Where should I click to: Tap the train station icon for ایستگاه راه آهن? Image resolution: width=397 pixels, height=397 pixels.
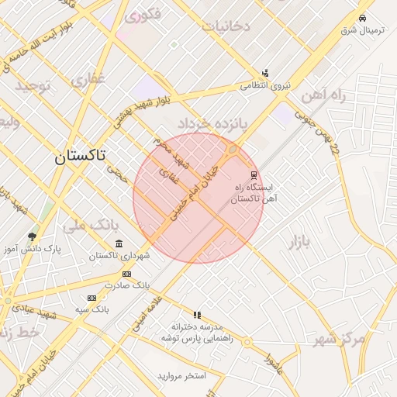click(254, 174)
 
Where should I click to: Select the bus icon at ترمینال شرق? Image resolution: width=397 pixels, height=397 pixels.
click(362, 18)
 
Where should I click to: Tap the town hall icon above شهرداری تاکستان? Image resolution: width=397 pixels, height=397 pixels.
click(118, 243)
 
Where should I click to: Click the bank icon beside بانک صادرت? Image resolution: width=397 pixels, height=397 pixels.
click(126, 274)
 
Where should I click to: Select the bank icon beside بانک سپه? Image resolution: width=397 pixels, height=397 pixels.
click(91, 298)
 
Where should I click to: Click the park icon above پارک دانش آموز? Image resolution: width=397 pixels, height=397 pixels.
click(32, 236)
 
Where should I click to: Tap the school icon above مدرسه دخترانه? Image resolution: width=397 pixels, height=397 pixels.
click(197, 315)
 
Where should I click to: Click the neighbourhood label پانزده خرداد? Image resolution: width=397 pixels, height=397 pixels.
click(211, 123)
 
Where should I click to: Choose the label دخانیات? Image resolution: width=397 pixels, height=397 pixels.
click(226, 26)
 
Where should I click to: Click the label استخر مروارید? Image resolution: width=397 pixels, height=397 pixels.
click(181, 376)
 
